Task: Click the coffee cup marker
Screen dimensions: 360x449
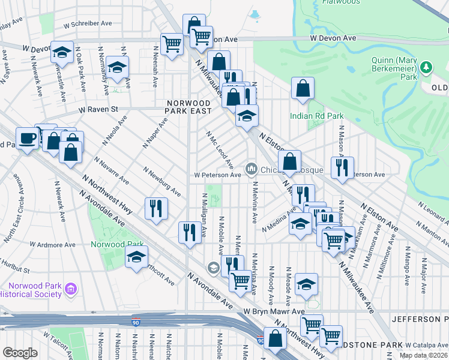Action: point(28,139)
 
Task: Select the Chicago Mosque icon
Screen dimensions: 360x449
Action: point(251,167)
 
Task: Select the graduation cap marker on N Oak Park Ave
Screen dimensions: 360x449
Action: point(62,53)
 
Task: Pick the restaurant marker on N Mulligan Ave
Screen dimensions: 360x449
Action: point(190,232)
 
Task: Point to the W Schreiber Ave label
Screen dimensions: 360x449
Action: point(88,23)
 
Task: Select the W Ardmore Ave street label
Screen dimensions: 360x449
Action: point(54,245)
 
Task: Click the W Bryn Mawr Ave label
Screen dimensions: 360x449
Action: point(274,312)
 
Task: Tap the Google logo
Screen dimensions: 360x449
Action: point(20,353)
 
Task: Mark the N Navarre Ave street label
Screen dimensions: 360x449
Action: point(112,170)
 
